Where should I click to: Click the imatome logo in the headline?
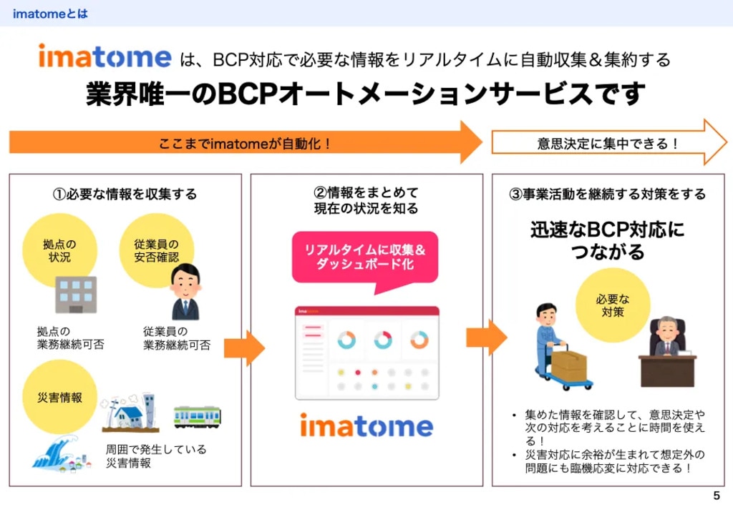[105, 56]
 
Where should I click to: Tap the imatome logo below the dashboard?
[366, 426]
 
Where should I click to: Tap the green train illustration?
[198, 417]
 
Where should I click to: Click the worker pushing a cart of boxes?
[558, 347]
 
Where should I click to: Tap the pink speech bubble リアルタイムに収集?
[365, 258]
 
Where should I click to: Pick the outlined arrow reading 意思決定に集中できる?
[608, 142]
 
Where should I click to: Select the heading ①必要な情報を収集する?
[125, 194]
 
